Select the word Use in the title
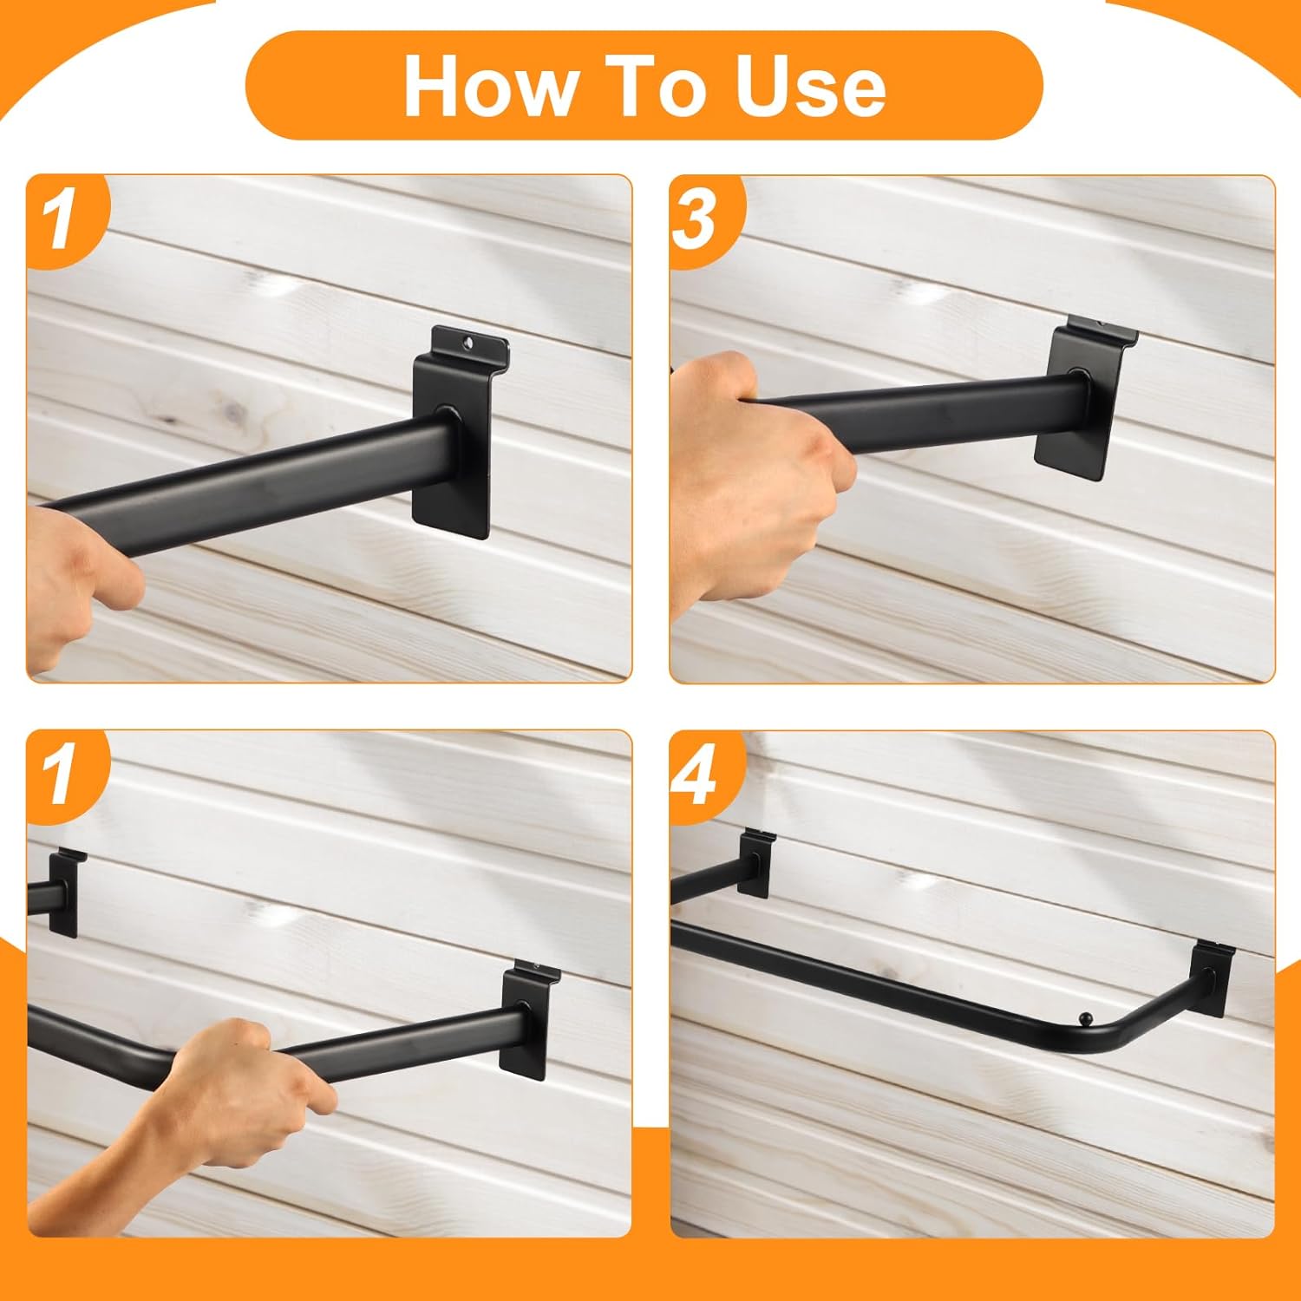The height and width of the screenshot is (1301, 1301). (810, 86)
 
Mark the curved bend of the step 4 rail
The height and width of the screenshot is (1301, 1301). (1119, 1032)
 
